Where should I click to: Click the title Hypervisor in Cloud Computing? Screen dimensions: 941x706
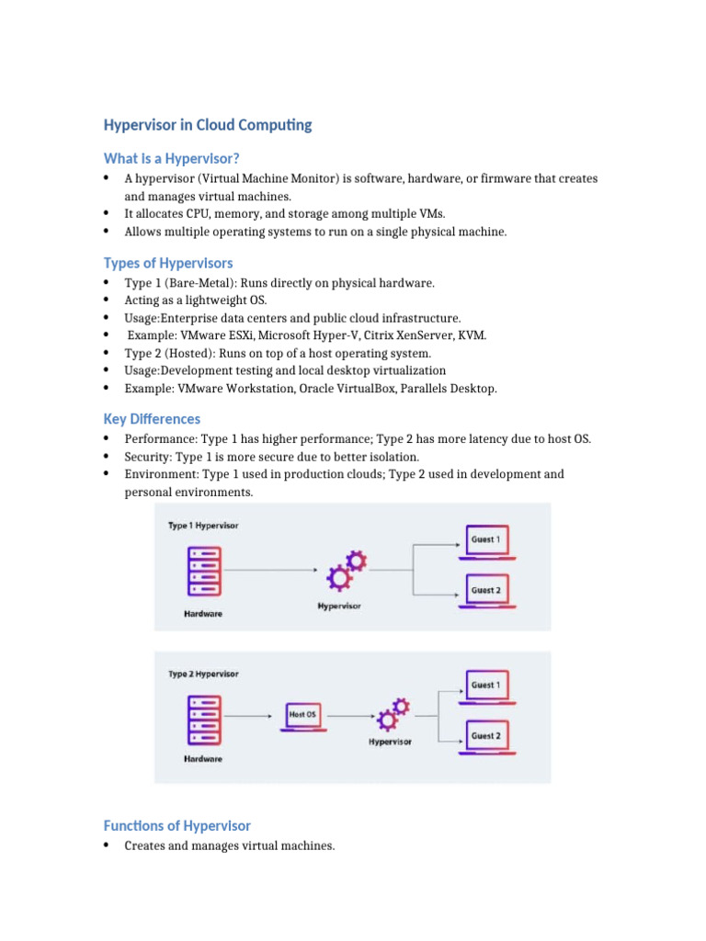(x=208, y=125)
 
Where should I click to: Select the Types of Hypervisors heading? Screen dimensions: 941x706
(x=168, y=263)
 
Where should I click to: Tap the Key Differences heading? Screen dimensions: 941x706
(x=152, y=419)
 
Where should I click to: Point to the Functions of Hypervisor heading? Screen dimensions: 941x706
(x=176, y=825)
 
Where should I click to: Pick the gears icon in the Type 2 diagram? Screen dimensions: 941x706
(x=390, y=715)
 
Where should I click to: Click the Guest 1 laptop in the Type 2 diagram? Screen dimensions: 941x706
(x=485, y=687)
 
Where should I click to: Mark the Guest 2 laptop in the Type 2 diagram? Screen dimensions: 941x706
(x=485, y=738)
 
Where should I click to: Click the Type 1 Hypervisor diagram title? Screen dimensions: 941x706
(x=203, y=526)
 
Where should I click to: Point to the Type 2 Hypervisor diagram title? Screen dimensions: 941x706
(x=203, y=674)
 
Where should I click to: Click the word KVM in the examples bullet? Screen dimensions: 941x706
(x=474, y=335)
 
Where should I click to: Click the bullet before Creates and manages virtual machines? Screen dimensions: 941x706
(x=108, y=845)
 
